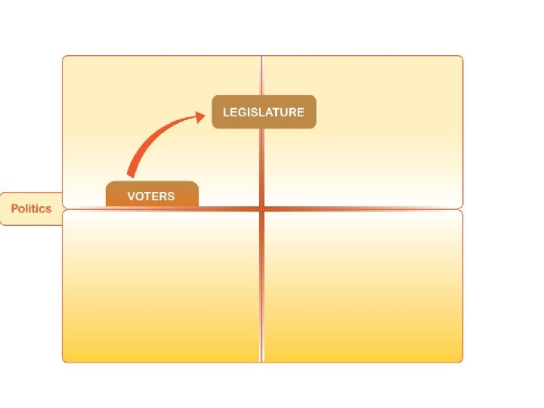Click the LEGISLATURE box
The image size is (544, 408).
coord(264,112)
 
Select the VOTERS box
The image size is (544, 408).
coord(151,195)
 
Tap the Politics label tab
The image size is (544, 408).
coord(31,209)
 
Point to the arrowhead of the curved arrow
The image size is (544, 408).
coord(201,115)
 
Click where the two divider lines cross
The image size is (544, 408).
coord(262,209)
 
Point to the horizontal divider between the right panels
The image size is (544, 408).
coord(363,209)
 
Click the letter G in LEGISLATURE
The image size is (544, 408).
coord(240,112)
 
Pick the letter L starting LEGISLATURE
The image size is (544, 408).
coord(226,112)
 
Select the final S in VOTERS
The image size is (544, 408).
coord(171,196)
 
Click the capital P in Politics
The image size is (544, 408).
coord(15,209)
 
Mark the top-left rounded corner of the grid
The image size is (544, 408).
coord(66,59)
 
